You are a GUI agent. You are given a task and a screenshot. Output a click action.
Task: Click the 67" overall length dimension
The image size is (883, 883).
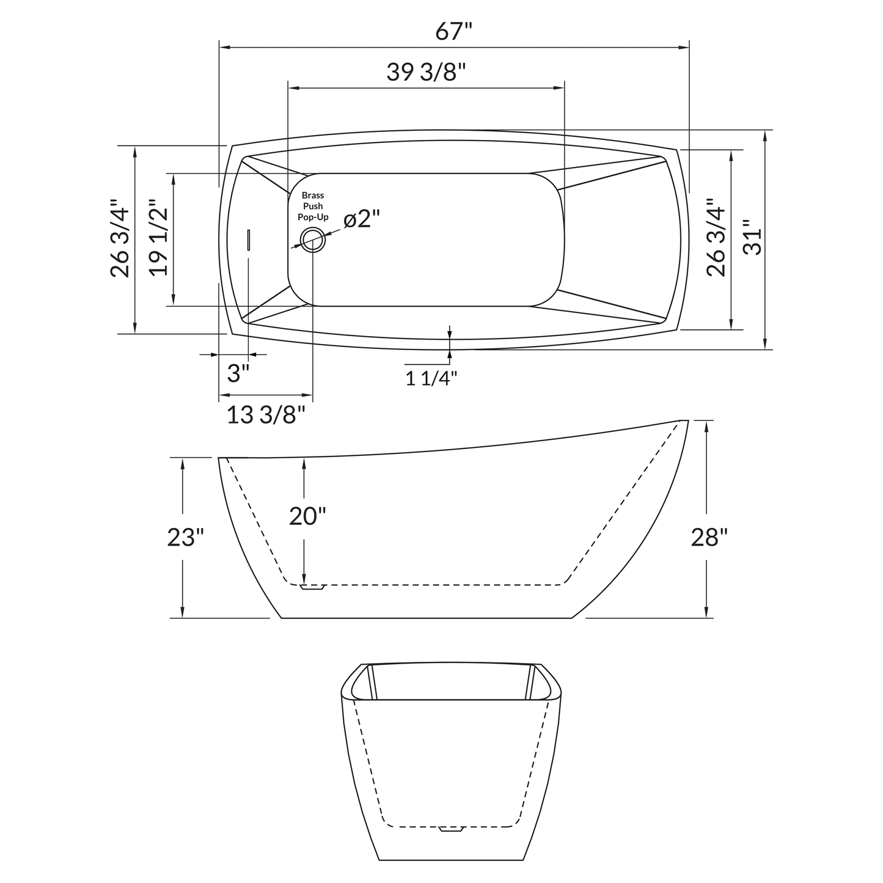[x=454, y=31]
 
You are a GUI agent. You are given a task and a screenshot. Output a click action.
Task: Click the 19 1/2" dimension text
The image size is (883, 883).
[x=158, y=238]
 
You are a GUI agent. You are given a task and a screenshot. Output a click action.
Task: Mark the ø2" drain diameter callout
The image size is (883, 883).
[x=362, y=218]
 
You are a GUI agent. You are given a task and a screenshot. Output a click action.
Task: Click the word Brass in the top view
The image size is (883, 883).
[x=313, y=196]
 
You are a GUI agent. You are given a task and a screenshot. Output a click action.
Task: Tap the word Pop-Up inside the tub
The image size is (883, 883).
[x=313, y=217]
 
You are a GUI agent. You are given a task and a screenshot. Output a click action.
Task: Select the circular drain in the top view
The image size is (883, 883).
[x=313, y=240]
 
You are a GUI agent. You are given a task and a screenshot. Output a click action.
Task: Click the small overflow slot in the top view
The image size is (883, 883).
[x=249, y=240]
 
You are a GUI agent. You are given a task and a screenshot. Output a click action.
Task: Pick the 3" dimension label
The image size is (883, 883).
[x=238, y=373]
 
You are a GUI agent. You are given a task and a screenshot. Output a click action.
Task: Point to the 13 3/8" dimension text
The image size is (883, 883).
[x=266, y=416]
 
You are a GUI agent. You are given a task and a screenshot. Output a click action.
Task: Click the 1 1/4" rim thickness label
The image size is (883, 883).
[x=431, y=378]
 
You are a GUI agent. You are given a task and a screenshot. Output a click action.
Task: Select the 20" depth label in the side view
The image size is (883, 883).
[x=307, y=516]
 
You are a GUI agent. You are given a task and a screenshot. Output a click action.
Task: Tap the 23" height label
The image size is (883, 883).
[x=185, y=537]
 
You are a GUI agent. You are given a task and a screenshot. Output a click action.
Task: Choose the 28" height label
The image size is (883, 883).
[x=709, y=537]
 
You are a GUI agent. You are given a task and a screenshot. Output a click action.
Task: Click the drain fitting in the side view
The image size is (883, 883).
[x=312, y=588]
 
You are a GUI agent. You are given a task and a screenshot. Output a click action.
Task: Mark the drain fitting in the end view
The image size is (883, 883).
[x=452, y=829]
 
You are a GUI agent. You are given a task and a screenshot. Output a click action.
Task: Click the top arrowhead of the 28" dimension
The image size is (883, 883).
[x=706, y=425]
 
